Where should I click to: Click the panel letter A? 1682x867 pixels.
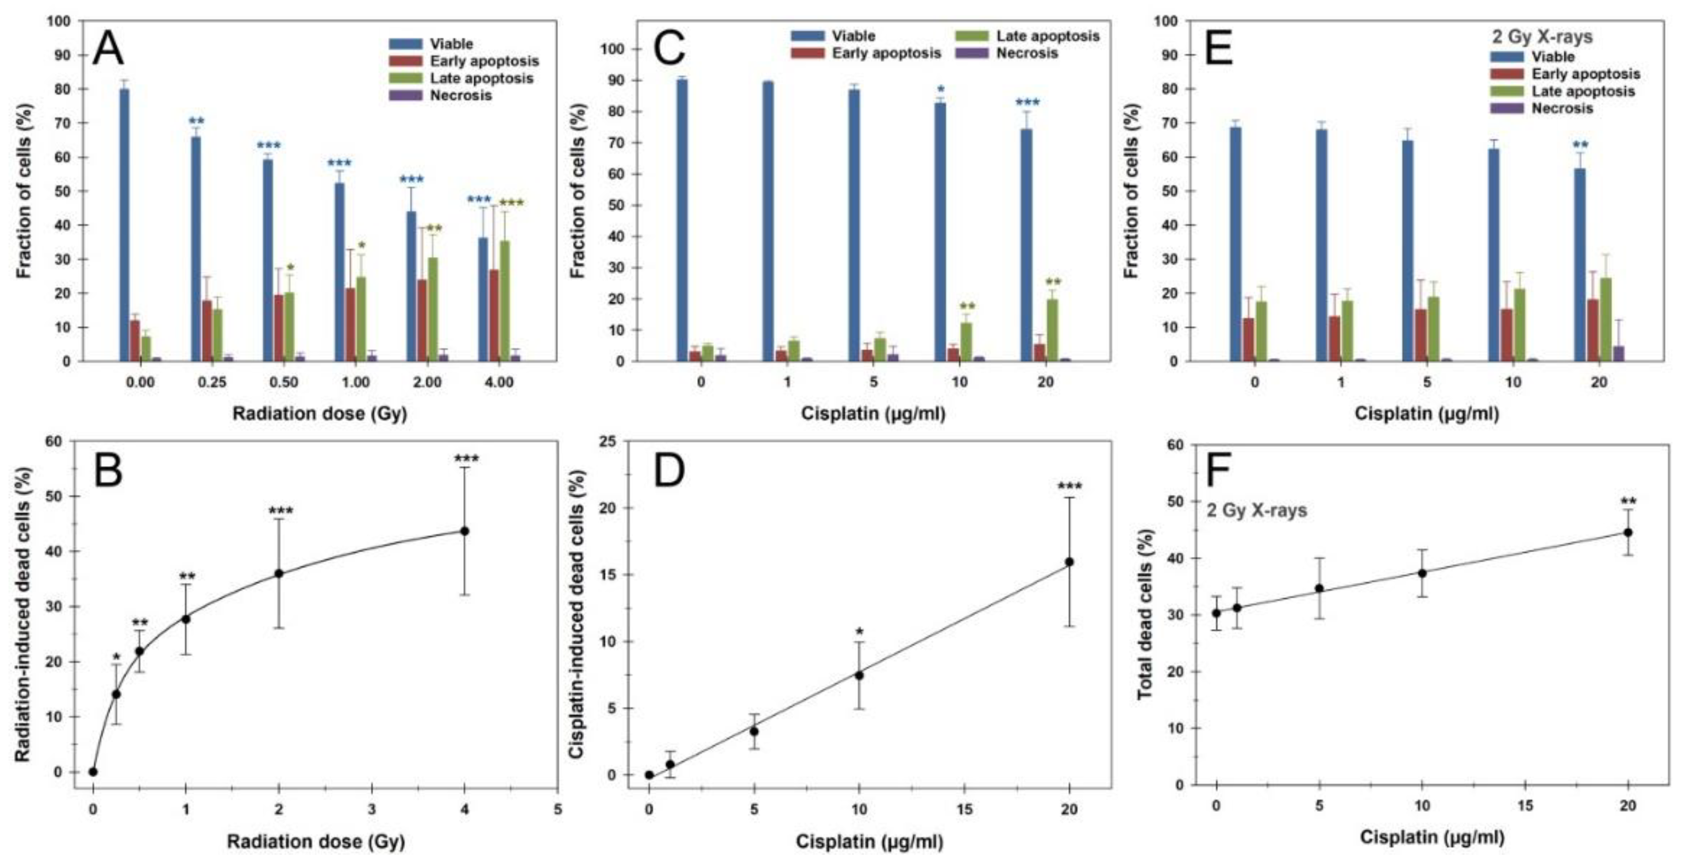click(x=108, y=49)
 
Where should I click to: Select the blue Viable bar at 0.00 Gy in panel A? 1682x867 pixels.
click(x=124, y=225)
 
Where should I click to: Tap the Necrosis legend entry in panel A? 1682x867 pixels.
click(x=460, y=96)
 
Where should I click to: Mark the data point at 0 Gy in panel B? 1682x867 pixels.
click(x=93, y=771)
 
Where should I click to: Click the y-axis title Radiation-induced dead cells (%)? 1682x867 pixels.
click(x=23, y=614)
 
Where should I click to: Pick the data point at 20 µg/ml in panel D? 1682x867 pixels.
click(x=1069, y=562)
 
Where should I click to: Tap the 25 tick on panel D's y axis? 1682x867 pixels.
click(x=614, y=441)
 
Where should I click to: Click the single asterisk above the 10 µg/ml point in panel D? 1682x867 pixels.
click(x=859, y=632)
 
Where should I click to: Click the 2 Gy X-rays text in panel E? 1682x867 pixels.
click(x=1542, y=36)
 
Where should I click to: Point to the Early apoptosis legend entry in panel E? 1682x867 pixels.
click(x=1585, y=74)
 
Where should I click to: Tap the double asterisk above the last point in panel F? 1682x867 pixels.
click(x=1628, y=501)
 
